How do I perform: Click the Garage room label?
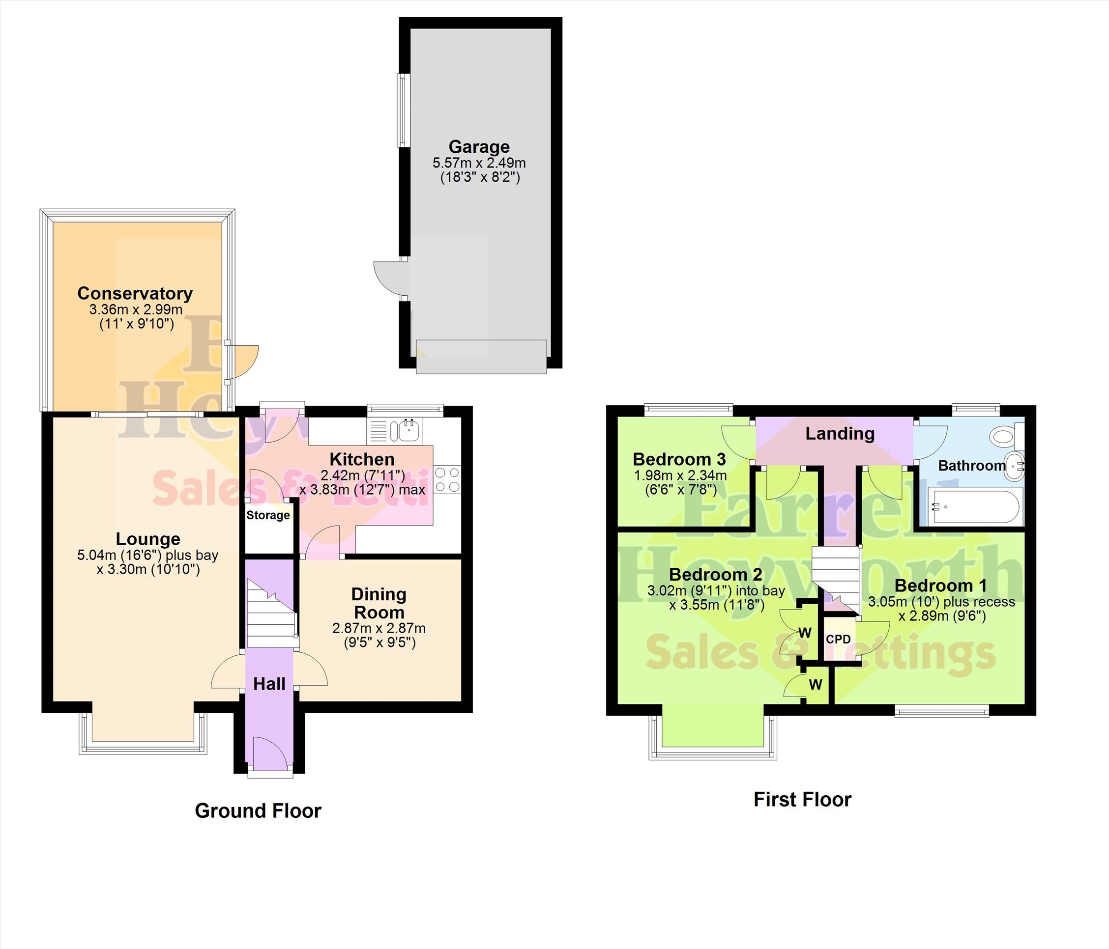(478, 146)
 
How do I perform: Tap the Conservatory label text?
(135, 293)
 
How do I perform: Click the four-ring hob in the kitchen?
(447, 480)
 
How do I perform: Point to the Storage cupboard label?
(267, 515)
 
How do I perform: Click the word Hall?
(269, 684)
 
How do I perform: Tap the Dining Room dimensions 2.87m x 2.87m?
(379, 628)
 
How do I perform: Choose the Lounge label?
(148, 539)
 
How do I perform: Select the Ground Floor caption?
(258, 811)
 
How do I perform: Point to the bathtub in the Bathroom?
(970, 505)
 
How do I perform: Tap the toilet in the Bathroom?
(1004, 435)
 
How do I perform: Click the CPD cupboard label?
(838, 639)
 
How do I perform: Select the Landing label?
(840, 433)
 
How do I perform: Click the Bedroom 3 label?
(679, 459)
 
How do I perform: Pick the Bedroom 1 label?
(940, 585)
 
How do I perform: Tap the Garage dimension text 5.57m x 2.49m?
(479, 163)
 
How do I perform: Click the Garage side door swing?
(390, 278)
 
